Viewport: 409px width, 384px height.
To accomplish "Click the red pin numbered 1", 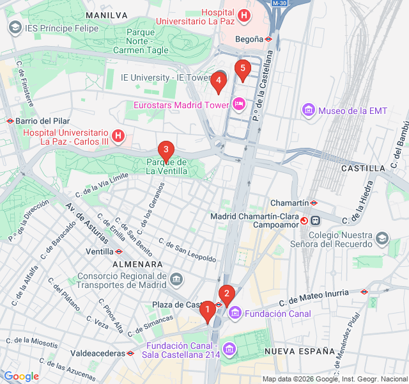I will [x=207, y=311].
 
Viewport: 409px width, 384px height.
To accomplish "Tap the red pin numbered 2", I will [x=226, y=294].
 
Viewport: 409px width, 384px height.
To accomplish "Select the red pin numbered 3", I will [x=166, y=152].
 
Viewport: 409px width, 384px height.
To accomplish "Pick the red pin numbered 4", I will [x=219, y=81].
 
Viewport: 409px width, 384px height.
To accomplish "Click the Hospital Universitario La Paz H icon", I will [x=243, y=15].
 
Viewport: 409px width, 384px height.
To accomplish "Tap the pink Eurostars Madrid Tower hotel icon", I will [x=238, y=104].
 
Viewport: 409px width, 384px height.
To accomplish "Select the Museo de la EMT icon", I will [x=309, y=111].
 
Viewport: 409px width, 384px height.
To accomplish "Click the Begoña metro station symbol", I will [x=270, y=38].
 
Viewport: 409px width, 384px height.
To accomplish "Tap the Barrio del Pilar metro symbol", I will [x=10, y=120].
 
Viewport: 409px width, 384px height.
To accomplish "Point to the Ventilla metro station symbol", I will [x=119, y=252].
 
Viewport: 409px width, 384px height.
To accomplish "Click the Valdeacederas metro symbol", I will [x=130, y=353].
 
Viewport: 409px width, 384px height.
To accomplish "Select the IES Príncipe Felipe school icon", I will [x=15, y=28].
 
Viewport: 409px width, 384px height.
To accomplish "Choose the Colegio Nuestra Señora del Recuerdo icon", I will [x=382, y=239].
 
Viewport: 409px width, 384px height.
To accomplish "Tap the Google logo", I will [x=21, y=376].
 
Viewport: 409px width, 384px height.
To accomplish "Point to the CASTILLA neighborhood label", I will [x=363, y=168].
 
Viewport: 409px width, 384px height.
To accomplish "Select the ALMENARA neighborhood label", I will [x=137, y=264].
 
